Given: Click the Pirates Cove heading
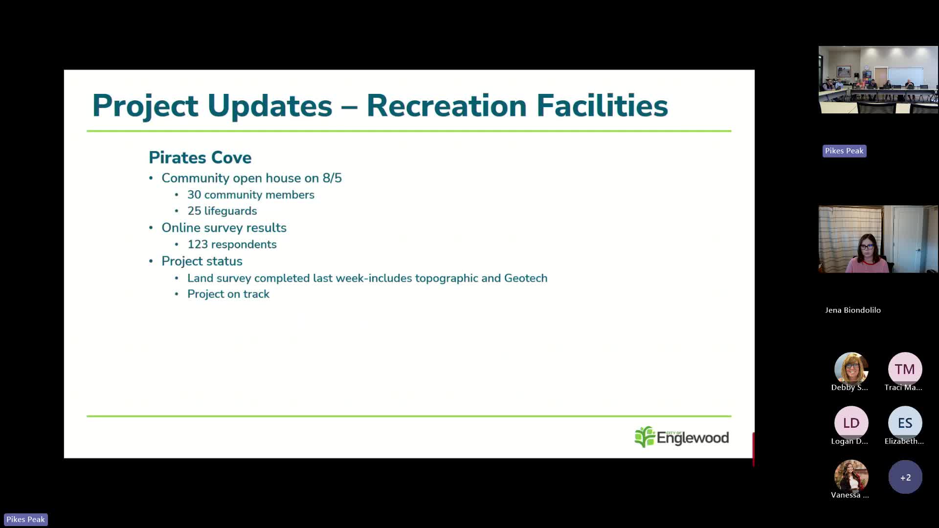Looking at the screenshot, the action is pyautogui.click(x=200, y=157).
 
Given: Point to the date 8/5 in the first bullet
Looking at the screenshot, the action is pyautogui.click(x=332, y=178).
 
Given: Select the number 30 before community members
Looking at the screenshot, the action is pyautogui.click(x=194, y=195).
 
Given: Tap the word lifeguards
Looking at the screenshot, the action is pyautogui.click(x=230, y=211).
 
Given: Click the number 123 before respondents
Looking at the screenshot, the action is pyautogui.click(x=198, y=244).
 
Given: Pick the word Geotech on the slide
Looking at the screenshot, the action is pyautogui.click(x=526, y=278).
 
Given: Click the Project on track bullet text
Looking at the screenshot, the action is pyautogui.click(x=228, y=294).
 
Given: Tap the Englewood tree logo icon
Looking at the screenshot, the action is pyautogui.click(x=645, y=437).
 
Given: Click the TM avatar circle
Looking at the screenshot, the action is pyautogui.click(x=905, y=369).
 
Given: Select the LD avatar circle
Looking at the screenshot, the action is pyautogui.click(x=851, y=423).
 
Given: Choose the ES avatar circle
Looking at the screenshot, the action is pyautogui.click(x=905, y=423).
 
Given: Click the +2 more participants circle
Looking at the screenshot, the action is pyautogui.click(x=905, y=477).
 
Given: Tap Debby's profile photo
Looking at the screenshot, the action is pyautogui.click(x=851, y=369).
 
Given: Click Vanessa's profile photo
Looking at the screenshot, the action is pyautogui.click(x=851, y=477).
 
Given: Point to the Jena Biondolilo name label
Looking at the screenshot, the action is pyautogui.click(x=853, y=310).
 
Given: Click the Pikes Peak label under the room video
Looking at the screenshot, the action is pyautogui.click(x=844, y=151).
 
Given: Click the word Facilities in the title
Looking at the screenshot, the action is pyautogui.click(x=602, y=106).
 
